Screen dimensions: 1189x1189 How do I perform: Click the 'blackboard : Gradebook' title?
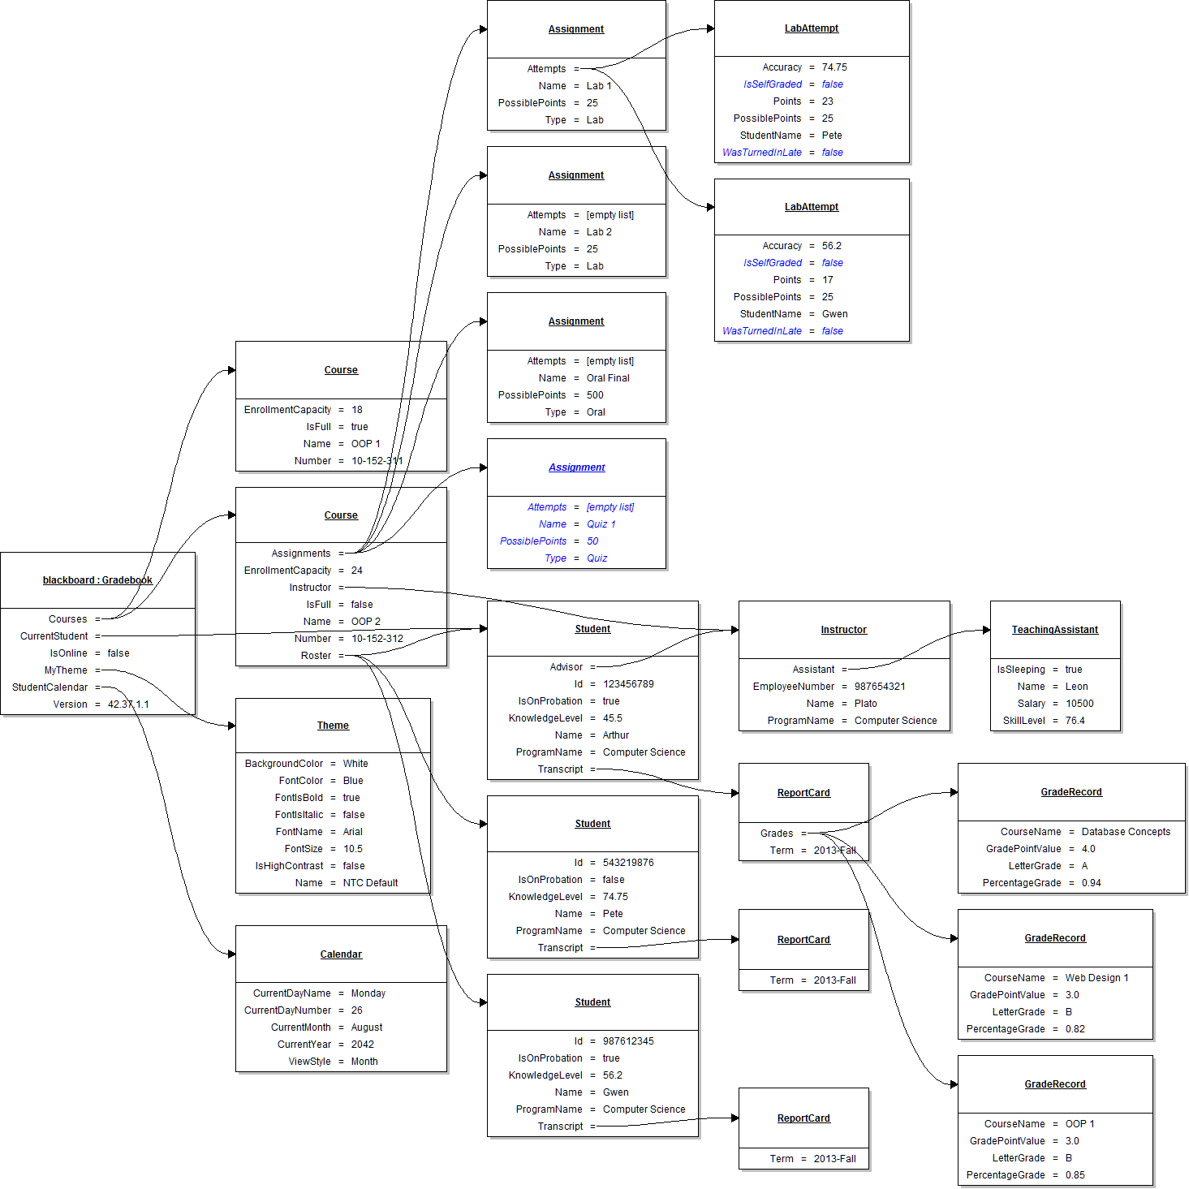(x=97, y=580)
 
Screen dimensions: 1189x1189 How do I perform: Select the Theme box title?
(x=333, y=726)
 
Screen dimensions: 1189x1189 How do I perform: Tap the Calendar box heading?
(x=341, y=954)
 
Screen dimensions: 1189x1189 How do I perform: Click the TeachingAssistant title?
(x=1054, y=630)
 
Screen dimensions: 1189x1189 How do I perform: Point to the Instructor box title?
(x=843, y=630)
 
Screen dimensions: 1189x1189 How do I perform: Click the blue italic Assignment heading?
(x=576, y=467)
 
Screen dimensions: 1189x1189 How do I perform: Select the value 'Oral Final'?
(x=608, y=378)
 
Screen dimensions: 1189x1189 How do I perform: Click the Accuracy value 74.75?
(x=834, y=67)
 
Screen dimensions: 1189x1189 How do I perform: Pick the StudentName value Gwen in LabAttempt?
(x=834, y=314)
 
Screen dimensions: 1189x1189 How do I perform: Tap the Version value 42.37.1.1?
(x=128, y=704)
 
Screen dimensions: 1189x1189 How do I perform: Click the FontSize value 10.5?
(x=352, y=849)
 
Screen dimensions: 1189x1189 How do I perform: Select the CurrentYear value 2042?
(x=362, y=1045)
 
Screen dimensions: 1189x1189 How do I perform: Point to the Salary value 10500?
(x=1079, y=704)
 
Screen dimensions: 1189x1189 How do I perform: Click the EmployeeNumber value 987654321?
(x=879, y=687)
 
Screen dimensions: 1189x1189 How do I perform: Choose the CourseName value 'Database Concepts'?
(x=1126, y=832)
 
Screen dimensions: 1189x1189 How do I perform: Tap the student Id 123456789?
(x=627, y=684)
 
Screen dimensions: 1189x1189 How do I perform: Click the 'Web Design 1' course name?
(x=1096, y=978)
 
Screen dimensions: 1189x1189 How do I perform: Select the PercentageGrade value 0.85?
(x=1075, y=1175)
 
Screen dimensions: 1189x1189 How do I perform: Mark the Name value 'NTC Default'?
(x=370, y=883)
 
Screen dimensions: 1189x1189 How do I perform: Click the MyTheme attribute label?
(x=66, y=670)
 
